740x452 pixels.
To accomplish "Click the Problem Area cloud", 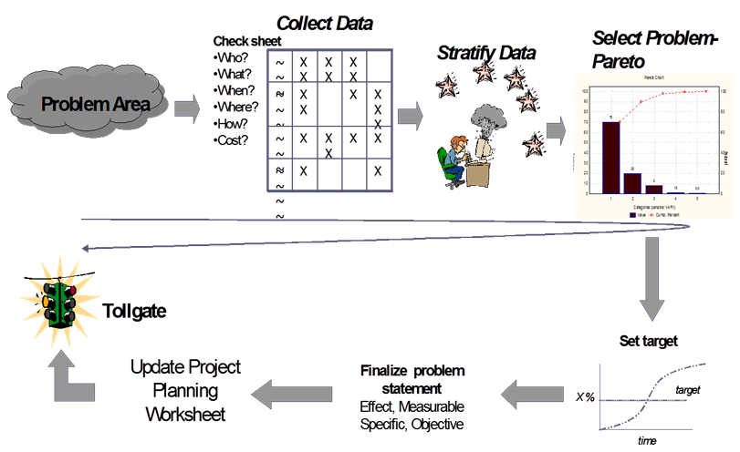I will click(87, 106).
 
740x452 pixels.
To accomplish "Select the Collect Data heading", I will click(325, 23).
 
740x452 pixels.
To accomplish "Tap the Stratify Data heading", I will click(485, 52).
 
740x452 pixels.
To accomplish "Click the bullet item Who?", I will click(234, 57).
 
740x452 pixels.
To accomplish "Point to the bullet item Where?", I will click(239, 107).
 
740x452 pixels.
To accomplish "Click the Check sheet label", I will click(248, 41).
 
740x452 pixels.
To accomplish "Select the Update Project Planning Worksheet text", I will click(185, 391).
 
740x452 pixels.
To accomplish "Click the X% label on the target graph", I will click(585, 396).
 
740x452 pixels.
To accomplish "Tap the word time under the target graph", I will click(645, 439).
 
